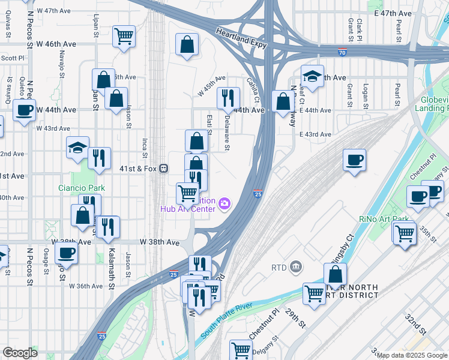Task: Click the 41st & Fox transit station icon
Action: click(163, 169)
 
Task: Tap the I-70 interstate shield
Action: click(342, 52)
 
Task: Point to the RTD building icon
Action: click(295, 266)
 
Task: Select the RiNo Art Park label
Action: click(383, 219)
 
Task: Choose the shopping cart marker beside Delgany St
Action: click(241, 349)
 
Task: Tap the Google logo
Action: click(20, 353)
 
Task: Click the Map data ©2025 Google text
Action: click(412, 355)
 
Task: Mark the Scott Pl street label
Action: click(12, 58)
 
